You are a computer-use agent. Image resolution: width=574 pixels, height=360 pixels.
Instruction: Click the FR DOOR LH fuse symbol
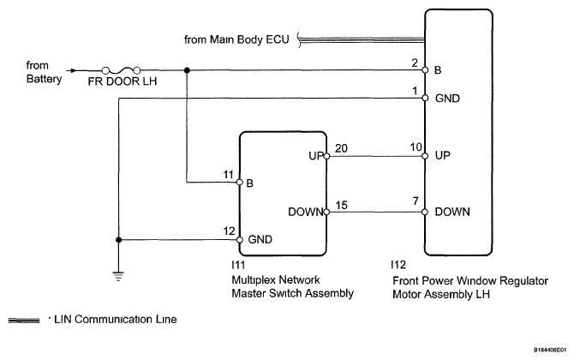pos(121,70)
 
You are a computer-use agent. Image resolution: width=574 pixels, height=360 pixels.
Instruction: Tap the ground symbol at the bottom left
pos(118,276)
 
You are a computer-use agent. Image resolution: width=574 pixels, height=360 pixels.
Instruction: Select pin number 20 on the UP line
pos(341,148)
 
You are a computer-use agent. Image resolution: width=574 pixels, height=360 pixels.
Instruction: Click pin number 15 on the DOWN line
pos(341,205)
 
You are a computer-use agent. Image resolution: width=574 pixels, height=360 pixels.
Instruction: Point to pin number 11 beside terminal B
pos(229,175)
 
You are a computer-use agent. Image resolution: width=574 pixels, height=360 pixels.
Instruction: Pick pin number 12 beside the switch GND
pos(229,231)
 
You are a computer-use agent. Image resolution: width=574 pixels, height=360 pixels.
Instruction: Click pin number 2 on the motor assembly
pos(415,63)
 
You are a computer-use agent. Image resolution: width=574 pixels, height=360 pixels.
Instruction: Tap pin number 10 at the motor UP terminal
pos(416,147)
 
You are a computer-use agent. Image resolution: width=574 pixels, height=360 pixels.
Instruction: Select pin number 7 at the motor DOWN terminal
pos(416,201)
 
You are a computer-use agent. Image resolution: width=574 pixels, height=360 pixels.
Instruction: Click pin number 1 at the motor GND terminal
pos(415,91)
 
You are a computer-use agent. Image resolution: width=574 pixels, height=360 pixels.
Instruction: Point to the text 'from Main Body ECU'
pos(236,39)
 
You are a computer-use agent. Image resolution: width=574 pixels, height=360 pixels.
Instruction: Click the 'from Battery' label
pos(44,72)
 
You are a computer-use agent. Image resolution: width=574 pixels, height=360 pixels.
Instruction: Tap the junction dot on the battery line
pos(187,70)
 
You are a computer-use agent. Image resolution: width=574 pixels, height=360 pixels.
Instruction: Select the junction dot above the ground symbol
pos(118,240)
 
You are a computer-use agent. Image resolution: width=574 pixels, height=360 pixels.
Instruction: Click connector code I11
pos(238,264)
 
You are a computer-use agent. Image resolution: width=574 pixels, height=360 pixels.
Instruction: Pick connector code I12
pos(398,264)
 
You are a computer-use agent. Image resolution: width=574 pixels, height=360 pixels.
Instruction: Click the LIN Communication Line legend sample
pos(24,321)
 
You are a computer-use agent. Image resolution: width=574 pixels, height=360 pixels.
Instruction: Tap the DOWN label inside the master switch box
pos(306,212)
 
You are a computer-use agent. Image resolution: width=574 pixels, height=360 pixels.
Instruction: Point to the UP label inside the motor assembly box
pos(443,156)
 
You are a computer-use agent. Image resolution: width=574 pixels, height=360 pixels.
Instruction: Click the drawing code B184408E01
pos(550,350)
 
